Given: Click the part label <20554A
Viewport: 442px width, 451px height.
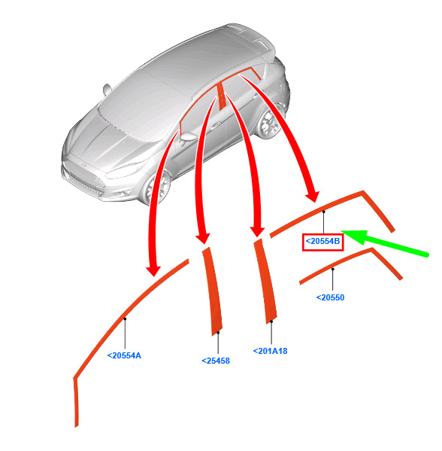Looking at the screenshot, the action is (124, 356).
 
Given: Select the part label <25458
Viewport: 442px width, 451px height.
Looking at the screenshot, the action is (216, 361).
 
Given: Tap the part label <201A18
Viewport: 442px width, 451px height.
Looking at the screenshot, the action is (271, 351).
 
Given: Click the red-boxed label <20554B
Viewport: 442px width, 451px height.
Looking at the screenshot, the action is (322, 242).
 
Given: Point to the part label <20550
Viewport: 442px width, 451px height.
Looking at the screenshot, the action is (330, 297).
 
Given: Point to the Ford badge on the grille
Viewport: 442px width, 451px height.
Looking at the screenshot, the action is (83, 165).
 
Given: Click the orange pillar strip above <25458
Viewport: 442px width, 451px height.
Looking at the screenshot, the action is (213, 291).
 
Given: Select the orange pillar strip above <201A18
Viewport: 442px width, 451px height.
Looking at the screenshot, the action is (265, 282).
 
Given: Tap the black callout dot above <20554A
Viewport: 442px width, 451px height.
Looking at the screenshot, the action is (125, 318).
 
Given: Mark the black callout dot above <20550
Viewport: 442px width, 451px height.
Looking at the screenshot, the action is (332, 270).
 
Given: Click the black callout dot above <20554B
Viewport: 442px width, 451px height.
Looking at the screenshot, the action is (324, 212).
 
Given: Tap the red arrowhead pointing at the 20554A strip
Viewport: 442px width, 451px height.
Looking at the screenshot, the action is (153, 270).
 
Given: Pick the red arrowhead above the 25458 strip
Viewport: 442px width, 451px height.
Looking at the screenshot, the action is (203, 239).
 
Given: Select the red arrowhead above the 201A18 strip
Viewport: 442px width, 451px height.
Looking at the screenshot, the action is (257, 232).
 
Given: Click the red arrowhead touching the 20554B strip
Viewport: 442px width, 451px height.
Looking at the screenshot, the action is (313, 197).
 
